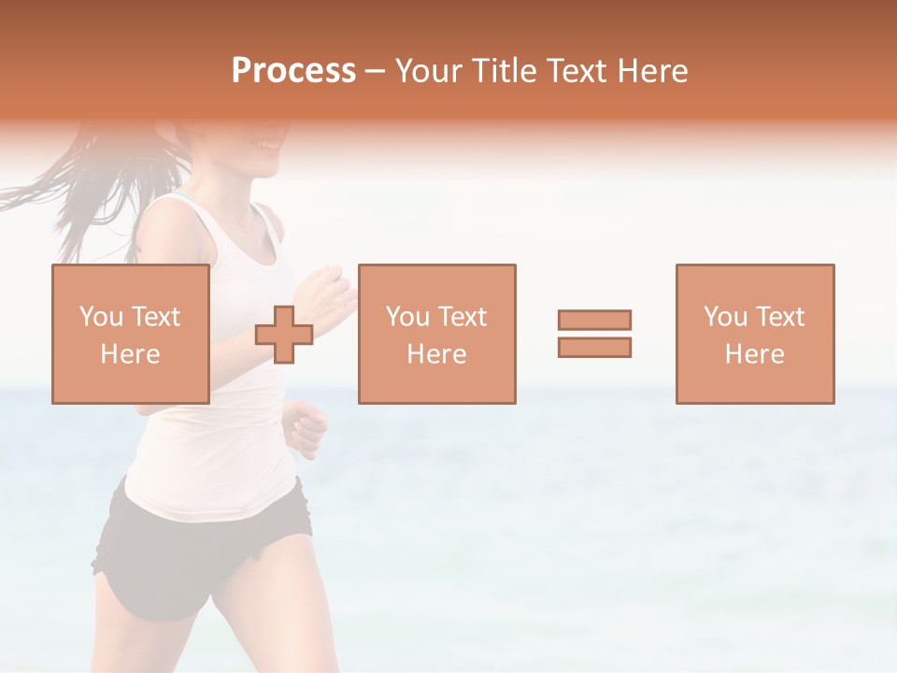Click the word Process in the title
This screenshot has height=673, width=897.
point(293,71)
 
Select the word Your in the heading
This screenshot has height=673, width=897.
point(430,71)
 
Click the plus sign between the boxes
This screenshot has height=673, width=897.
point(284,335)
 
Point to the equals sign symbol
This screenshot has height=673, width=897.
point(594,334)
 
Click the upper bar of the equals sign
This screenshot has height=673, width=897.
point(594,321)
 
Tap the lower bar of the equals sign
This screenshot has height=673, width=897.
point(594,347)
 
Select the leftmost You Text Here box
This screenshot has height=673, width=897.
point(130,334)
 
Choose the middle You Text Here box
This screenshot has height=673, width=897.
point(436,334)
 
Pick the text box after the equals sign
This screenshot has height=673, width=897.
point(754,334)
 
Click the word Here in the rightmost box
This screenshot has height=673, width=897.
point(754,354)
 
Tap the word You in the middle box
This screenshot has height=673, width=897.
point(407,317)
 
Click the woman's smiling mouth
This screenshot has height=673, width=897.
point(268,146)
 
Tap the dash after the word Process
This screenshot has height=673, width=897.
point(376,71)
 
